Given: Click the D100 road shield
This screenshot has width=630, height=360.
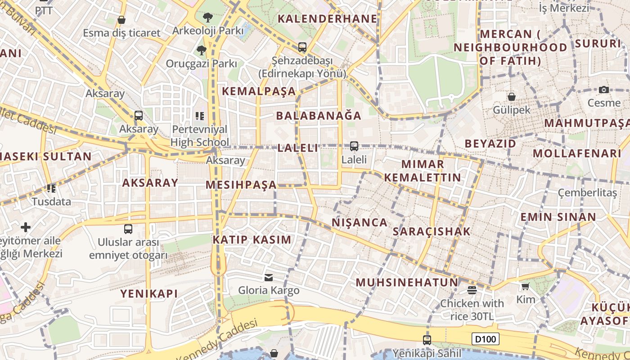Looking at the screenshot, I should click(486, 339).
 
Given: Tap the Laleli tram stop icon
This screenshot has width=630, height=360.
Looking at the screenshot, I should click(354, 146).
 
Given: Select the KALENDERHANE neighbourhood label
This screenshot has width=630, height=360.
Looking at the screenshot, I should click(327, 18).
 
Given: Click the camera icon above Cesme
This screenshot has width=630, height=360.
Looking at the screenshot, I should click(604, 90).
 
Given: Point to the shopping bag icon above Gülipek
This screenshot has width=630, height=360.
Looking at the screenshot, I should click(512, 97).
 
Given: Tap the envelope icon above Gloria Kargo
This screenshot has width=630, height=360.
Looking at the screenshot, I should click(269, 277).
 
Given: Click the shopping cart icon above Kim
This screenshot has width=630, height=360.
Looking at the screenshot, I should click(525, 286).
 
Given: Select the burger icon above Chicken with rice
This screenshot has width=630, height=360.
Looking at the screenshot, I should click(472, 290).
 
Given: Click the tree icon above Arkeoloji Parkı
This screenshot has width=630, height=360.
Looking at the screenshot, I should click(207, 18).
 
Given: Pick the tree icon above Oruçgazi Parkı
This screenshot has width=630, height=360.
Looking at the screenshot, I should click(201, 50).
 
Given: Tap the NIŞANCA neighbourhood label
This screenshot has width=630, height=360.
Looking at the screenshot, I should click(360, 222).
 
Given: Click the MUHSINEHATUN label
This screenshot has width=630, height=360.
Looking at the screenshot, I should click(407, 283).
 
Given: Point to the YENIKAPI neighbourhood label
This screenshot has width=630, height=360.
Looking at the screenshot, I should click(149, 294).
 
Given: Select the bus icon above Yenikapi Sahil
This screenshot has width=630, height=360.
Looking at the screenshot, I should click(427, 340).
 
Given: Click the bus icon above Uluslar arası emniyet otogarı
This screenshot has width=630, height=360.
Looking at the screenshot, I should click(128, 229).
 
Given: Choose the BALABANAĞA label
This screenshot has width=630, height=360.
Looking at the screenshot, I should click(319, 116).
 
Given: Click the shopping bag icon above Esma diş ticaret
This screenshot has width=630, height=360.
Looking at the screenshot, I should click(121, 20).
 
